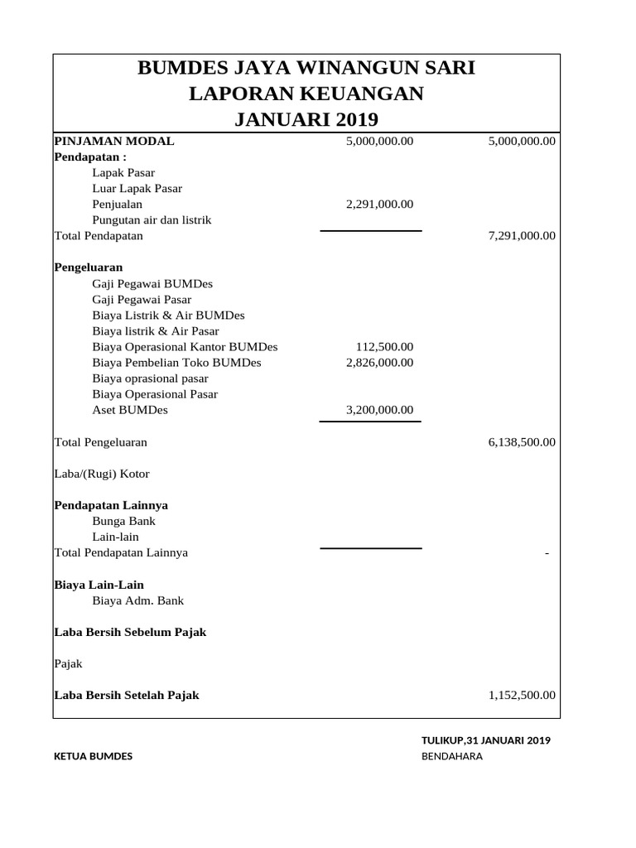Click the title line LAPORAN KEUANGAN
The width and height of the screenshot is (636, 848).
pyautogui.click(x=306, y=94)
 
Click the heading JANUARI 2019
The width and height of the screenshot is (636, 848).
pyautogui.click(x=306, y=120)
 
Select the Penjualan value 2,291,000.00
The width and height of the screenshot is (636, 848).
pyautogui.click(x=379, y=204)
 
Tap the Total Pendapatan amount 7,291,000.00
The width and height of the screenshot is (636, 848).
pyautogui.click(x=522, y=236)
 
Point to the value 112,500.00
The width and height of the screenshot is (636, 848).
pyautogui.click(x=384, y=347)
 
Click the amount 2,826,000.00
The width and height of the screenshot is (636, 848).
pyautogui.click(x=379, y=363)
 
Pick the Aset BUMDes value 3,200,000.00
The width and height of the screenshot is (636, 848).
pyautogui.click(x=379, y=410)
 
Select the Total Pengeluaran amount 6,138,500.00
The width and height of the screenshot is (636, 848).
pyautogui.click(x=522, y=442)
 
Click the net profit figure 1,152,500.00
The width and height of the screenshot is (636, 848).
pyautogui.click(x=522, y=696)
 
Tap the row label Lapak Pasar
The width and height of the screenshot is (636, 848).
pyautogui.click(x=123, y=173)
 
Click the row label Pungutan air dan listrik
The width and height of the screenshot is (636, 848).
pyautogui.click(x=152, y=220)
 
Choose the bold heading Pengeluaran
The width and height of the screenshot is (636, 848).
pyautogui.click(x=89, y=267)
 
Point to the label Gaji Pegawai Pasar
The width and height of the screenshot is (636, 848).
pyautogui.click(x=142, y=300)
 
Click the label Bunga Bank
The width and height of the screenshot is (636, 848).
pyautogui.click(x=123, y=521)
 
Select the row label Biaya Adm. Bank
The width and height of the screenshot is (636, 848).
pyautogui.click(x=137, y=600)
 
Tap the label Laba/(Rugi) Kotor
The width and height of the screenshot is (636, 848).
pyautogui.click(x=102, y=474)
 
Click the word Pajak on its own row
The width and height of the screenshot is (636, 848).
pyautogui.click(x=68, y=664)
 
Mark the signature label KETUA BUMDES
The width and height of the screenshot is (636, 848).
pyautogui.click(x=93, y=756)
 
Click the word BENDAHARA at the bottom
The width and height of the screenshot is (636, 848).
pyautogui.click(x=451, y=756)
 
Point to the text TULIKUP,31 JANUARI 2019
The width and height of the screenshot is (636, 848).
pyautogui.click(x=486, y=740)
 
